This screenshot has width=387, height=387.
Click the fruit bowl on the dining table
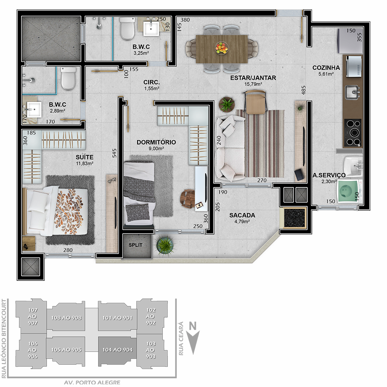[221, 48]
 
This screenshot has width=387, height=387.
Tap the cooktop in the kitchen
[353, 133]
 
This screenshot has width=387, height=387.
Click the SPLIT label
[136, 245]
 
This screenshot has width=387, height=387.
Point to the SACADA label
[242, 215]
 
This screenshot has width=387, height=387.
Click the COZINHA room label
[326, 68]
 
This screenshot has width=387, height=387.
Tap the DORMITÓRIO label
[156, 142]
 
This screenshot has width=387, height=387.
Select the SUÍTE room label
[84, 157]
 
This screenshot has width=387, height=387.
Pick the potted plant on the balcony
[165, 245]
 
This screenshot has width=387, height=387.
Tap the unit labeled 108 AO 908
[66, 318]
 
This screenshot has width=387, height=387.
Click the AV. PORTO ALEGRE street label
[92, 382]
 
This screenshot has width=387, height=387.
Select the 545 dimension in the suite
[114, 153]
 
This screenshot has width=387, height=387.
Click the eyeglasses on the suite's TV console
[112, 180]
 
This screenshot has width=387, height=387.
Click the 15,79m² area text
[253, 84]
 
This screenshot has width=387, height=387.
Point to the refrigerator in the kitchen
[350, 41]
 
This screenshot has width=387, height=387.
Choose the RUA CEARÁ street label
[181, 338]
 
